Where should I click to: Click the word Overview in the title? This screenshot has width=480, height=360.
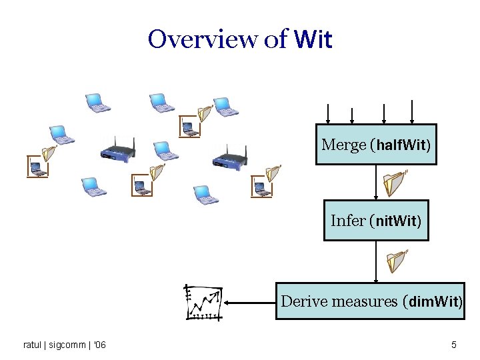point(203,39)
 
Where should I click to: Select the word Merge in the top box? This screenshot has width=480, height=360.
point(343,145)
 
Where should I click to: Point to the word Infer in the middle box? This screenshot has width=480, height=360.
point(348,220)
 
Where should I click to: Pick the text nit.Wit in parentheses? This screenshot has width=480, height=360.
point(397,221)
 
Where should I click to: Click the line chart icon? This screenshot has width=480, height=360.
point(203,303)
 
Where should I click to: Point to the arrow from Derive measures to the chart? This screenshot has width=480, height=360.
point(250,303)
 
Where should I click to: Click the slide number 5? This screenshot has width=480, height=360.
point(454,345)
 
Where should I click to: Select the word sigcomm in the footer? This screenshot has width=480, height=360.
point(69,345)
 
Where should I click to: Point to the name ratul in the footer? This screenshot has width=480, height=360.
point(32,345)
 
